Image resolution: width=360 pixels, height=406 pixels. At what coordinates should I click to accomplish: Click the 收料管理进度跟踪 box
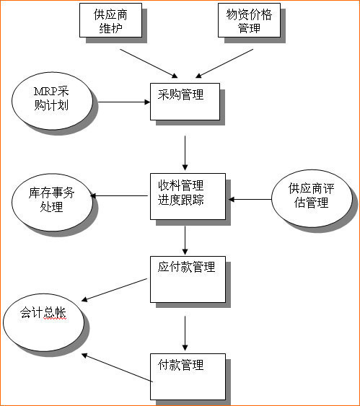tap(186, 192)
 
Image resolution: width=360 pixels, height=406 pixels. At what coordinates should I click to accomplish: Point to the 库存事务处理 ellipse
tap(52, 200)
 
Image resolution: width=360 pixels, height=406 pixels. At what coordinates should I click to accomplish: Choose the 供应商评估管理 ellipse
tap(308, 196)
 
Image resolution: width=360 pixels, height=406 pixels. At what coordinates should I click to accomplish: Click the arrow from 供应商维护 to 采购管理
tap(149, 63)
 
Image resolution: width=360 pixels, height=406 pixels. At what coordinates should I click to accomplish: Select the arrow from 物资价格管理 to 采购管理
tap(224, 63)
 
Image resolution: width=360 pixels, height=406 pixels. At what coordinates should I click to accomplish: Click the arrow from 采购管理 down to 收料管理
tap(185, 150)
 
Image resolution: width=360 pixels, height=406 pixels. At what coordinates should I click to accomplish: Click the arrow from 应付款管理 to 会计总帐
tap(117, 290)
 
